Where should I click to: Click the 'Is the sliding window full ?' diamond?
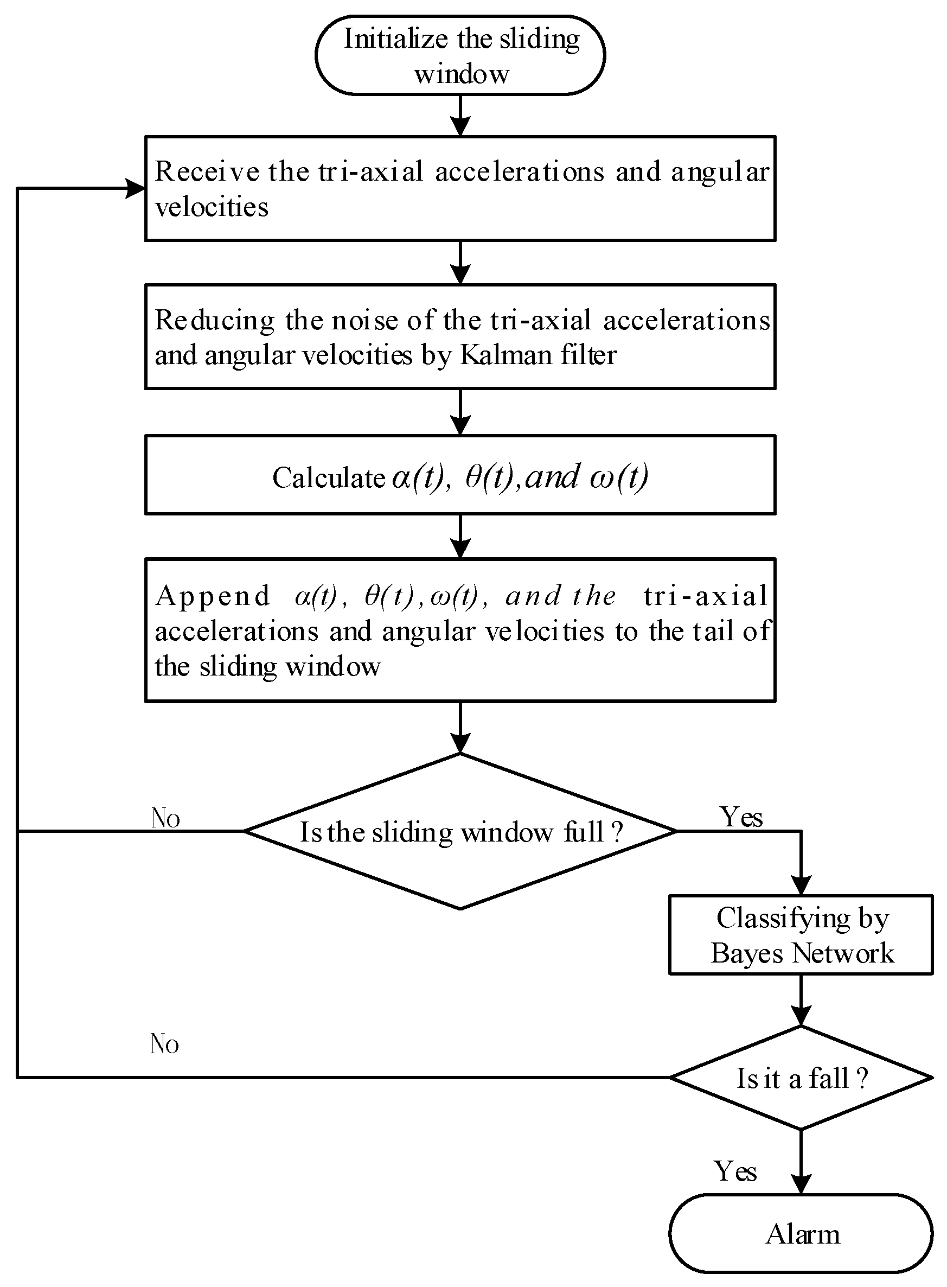point(460,831)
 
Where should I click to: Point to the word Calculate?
point(329,478)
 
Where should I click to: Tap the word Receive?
point(207,171)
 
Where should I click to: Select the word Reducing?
point(215,321)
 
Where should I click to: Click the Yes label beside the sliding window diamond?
point(741,817)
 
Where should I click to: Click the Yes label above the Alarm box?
point(735,1171)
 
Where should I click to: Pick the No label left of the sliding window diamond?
point(165,818)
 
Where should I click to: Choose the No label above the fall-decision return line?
point(164,1044)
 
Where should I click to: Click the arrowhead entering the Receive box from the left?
point(137,188)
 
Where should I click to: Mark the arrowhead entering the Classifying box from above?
point(801,885)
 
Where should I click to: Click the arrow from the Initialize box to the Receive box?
point(460,115)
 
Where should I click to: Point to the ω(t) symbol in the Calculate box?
point(618,476)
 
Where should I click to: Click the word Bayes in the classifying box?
point(747,953)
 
